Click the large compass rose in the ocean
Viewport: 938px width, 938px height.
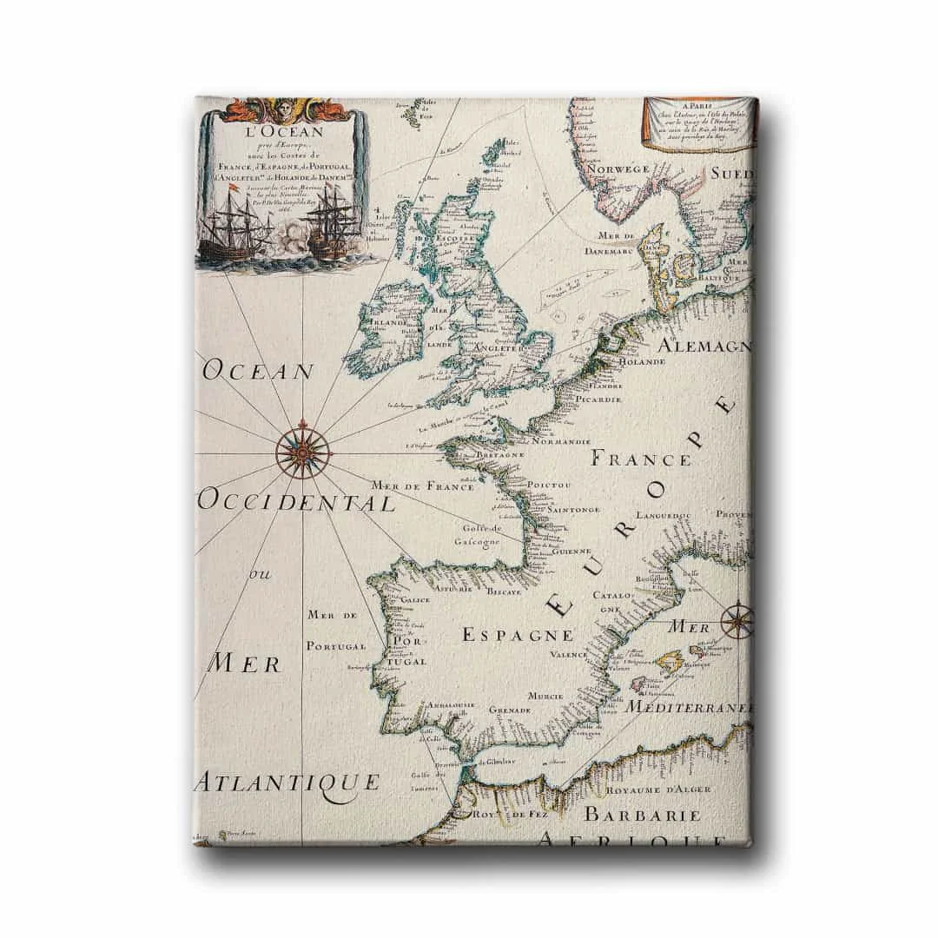(303, 449)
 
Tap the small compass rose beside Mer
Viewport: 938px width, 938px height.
(737, 620)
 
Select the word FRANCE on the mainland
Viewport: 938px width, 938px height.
(641, 458)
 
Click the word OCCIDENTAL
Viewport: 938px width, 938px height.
(297, 502)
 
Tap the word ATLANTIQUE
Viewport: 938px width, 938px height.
(287, 782)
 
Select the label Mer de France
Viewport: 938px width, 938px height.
(422, 486)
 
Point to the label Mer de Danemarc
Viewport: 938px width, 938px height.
(618, 242)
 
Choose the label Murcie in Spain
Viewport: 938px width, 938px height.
(545, 696)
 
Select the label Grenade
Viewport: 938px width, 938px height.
(510, 710)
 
